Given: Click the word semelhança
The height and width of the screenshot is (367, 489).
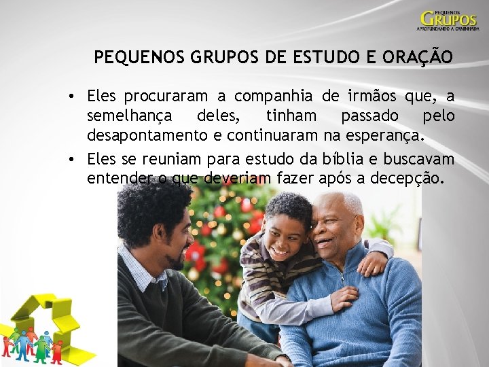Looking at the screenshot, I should (x=129, y=116).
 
